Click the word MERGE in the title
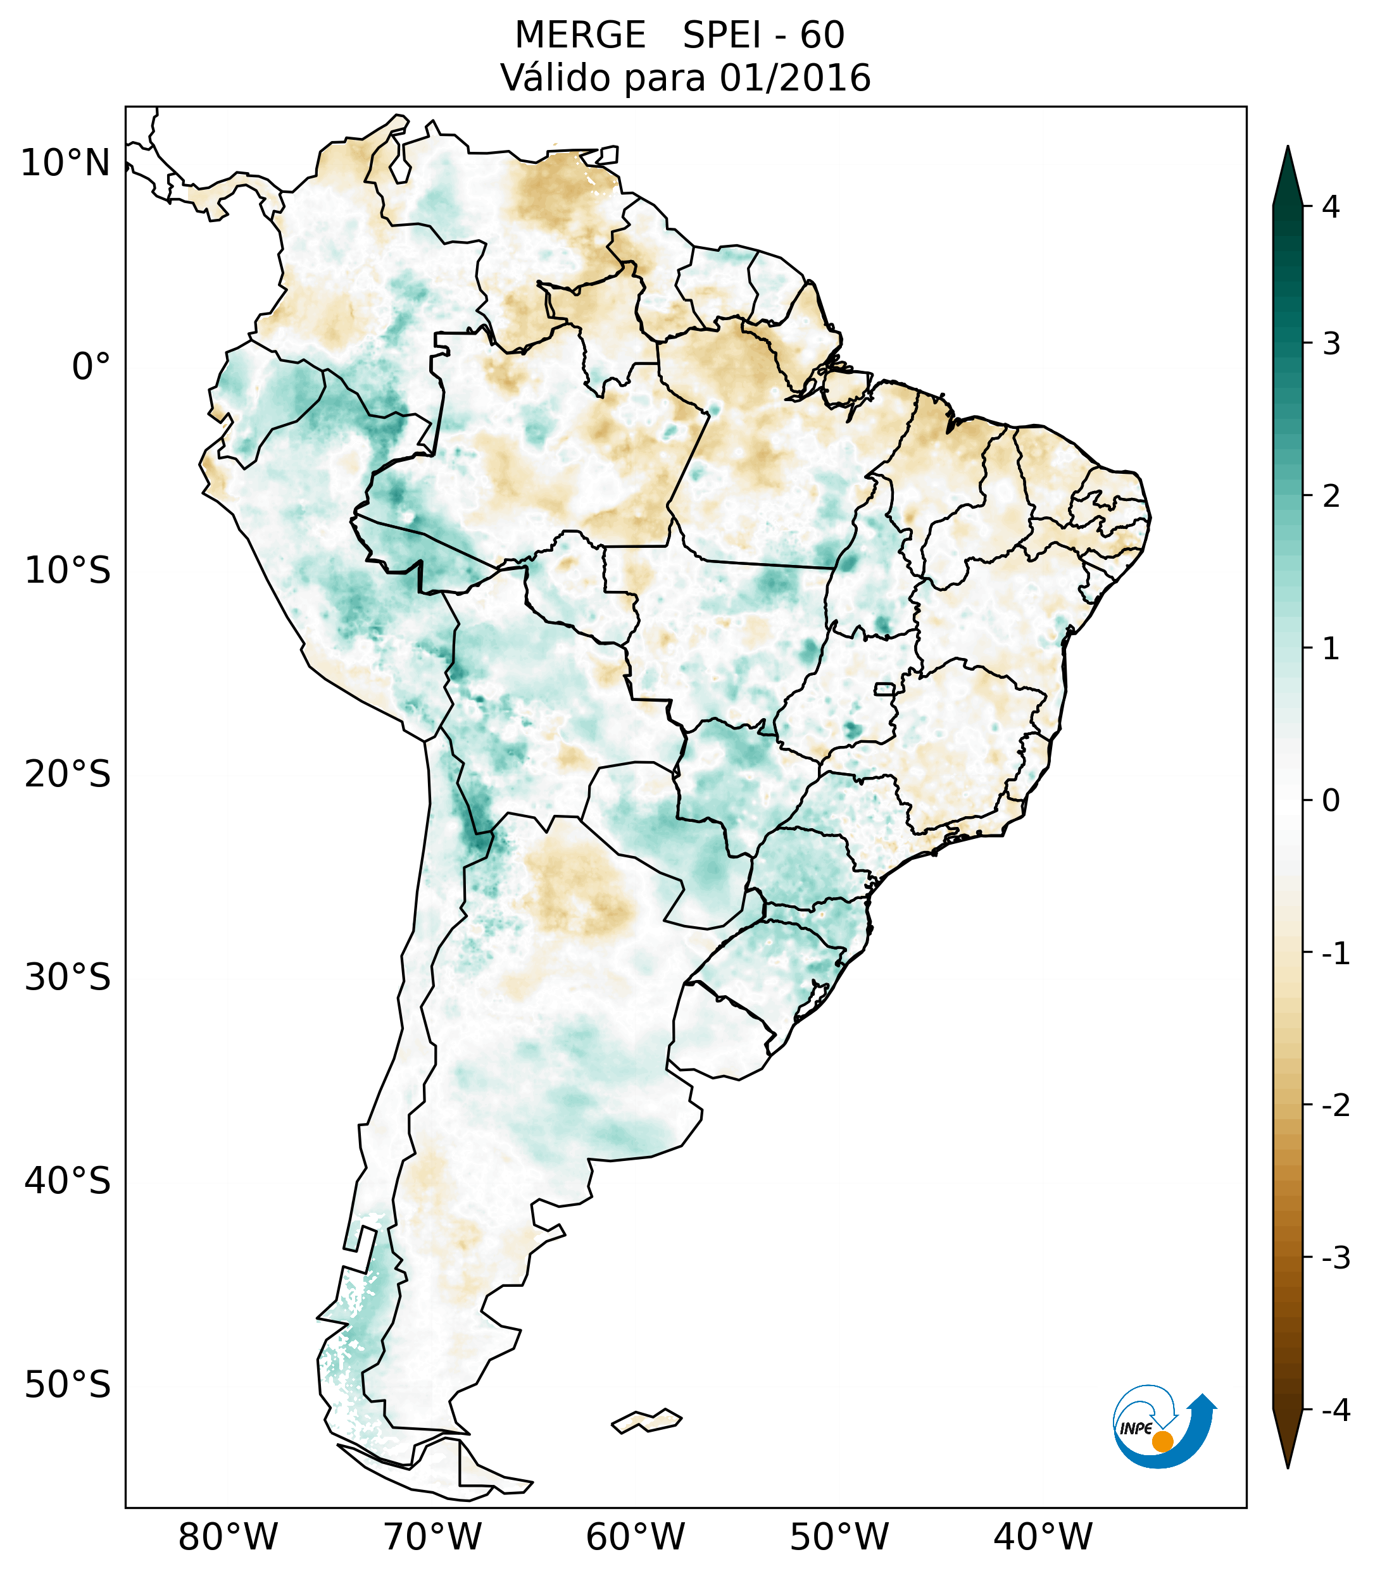coord(580,35)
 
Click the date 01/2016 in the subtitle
coord(795,78)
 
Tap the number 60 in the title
coord(822,35)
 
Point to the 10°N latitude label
coord(66,163)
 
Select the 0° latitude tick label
coord(91,367)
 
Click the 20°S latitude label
coord(68,774)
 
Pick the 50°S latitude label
coord(68,1386)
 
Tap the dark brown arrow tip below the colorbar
coord(1288,1441)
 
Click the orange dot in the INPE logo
coord(1162,1441)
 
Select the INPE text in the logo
coord(1136,1429)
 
